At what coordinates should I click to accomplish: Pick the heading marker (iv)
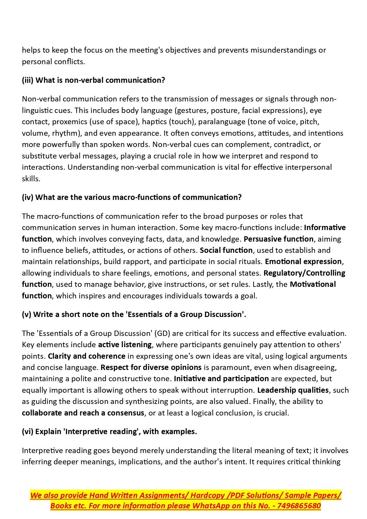tap(28, 197)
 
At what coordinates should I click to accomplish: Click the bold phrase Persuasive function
tap(279, 239)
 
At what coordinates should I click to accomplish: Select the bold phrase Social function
tap(226, 250)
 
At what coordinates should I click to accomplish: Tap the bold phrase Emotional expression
tap(303, 261)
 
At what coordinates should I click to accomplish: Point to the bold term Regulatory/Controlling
tap(304, 273)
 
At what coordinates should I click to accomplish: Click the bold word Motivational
tap(313, 284)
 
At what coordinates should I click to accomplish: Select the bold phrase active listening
tap(125, 345)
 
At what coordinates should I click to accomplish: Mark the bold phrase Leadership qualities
tap(293, 390)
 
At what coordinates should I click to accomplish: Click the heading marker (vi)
tap(28, 431)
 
